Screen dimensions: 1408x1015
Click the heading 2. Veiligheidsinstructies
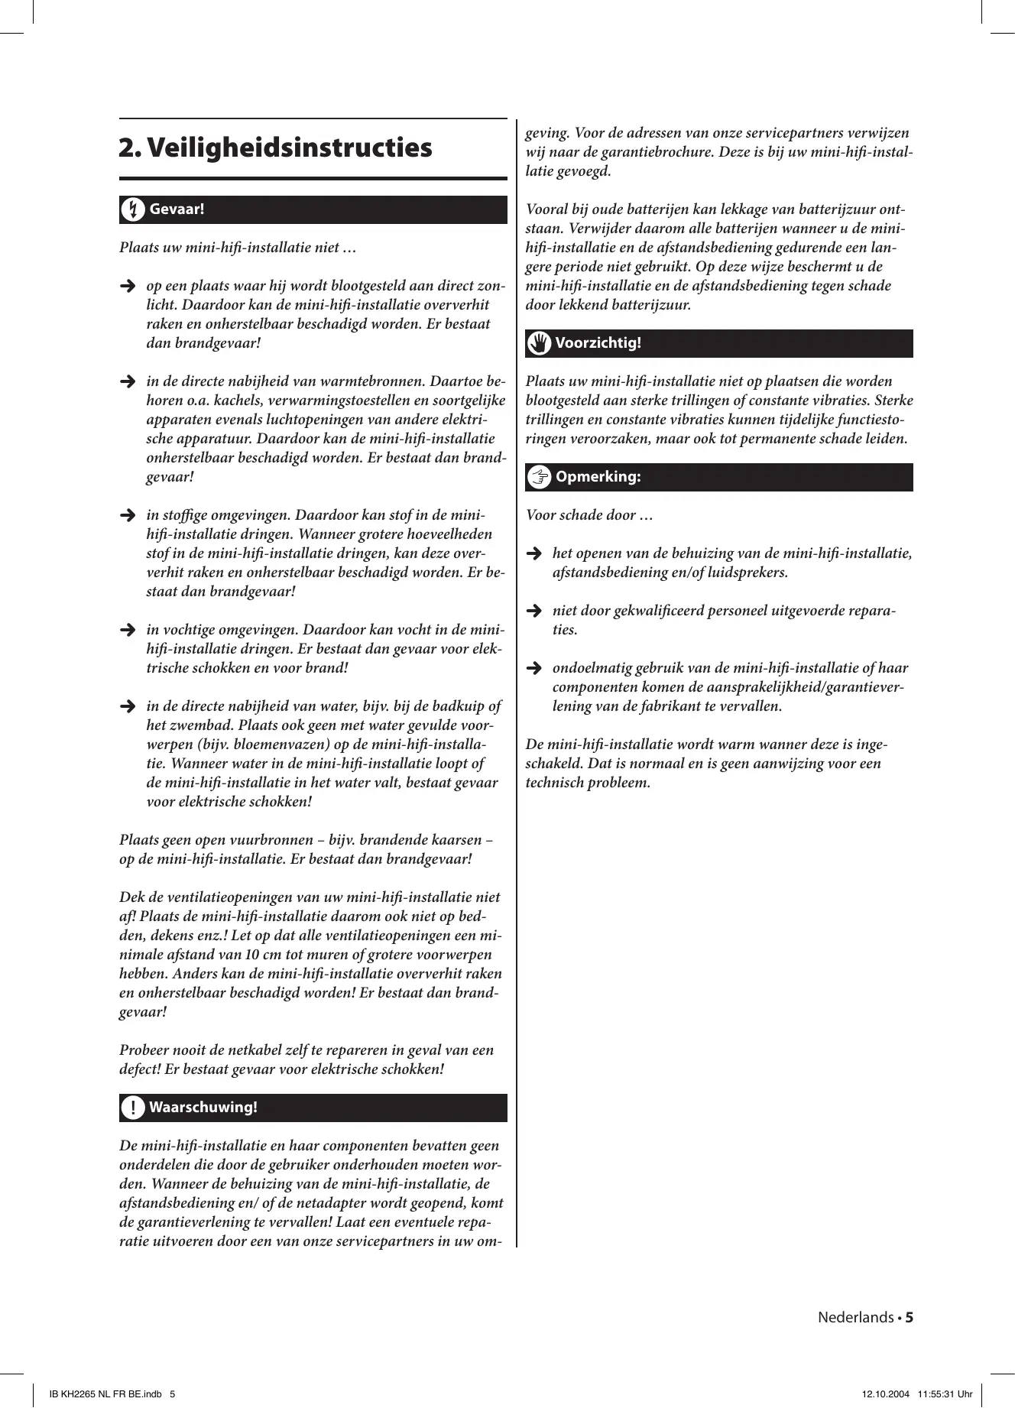276,148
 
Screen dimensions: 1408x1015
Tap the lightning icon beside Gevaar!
132,209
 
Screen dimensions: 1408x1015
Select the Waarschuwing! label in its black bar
203,1108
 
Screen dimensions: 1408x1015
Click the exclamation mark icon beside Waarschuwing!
132,1108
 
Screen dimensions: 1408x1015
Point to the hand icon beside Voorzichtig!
539,343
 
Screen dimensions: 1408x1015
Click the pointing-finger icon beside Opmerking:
539,477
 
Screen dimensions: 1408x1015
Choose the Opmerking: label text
598,477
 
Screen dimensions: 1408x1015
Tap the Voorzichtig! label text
598,343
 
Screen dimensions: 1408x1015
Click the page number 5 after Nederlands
910,1317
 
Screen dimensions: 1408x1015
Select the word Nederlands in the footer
855,1317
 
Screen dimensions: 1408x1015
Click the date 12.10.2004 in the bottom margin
886,1393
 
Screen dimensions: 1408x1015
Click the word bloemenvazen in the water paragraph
264,745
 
